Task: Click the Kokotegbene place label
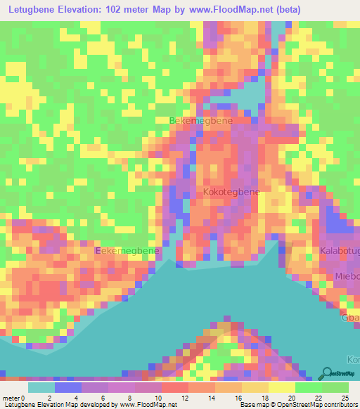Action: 231,192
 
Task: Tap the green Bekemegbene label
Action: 201,121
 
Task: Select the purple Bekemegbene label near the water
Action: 128,251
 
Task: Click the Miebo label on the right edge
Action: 347,275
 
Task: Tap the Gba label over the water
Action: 351,317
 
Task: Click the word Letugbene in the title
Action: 34,9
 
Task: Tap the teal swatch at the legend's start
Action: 41,387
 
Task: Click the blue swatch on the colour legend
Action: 67,387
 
